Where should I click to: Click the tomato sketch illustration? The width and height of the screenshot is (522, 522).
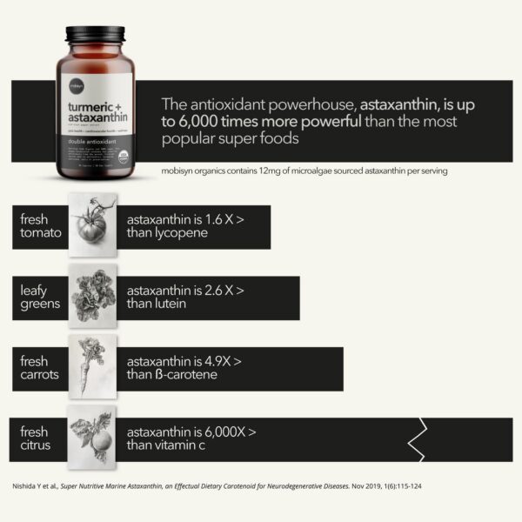coord(91,224)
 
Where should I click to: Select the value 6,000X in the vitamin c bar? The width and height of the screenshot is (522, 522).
coord(224,432)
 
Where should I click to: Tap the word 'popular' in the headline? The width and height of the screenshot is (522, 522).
coord(193,139)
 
